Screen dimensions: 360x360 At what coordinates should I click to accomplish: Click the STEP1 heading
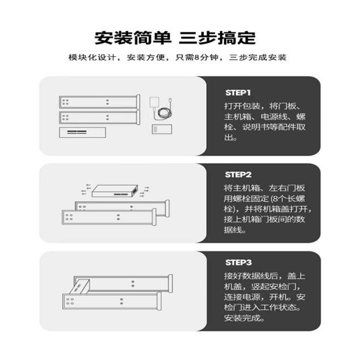(238, 93)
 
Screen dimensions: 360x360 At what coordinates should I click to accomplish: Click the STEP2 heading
(238, 175)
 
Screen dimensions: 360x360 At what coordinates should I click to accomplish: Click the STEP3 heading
(238, 262)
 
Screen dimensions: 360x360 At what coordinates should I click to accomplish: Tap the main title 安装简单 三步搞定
(175, 38)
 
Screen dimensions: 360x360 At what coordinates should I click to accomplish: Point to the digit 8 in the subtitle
(197, 58)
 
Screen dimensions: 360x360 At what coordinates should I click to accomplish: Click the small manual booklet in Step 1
(162, 129)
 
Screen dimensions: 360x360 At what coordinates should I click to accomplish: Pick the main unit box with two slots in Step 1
(82, 132)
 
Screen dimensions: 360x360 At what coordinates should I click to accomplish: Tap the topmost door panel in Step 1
(99, 102)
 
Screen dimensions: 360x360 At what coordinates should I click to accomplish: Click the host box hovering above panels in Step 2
(115, 191)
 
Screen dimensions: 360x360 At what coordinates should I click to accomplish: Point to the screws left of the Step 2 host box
(86, 189)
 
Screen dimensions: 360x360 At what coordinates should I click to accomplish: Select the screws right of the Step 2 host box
(144, 192)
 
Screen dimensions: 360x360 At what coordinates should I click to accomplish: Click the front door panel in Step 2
(109, 217)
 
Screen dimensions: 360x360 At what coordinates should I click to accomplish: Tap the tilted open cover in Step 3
(79, 287)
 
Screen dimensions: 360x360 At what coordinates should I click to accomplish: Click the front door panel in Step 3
(112, 301)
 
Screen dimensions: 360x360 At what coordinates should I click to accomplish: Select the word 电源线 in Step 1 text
(274, 117)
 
